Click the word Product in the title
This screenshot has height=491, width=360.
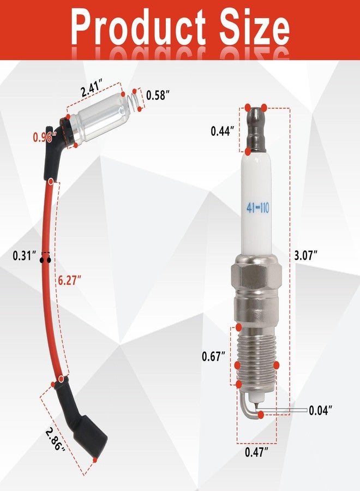click(138, 27)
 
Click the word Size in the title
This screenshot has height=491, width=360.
click(254, 26)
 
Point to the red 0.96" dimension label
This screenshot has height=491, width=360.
click(45, 137)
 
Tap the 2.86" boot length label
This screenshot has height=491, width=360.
click(56, 439)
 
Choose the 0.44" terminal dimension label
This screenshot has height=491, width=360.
click(222, 131)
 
